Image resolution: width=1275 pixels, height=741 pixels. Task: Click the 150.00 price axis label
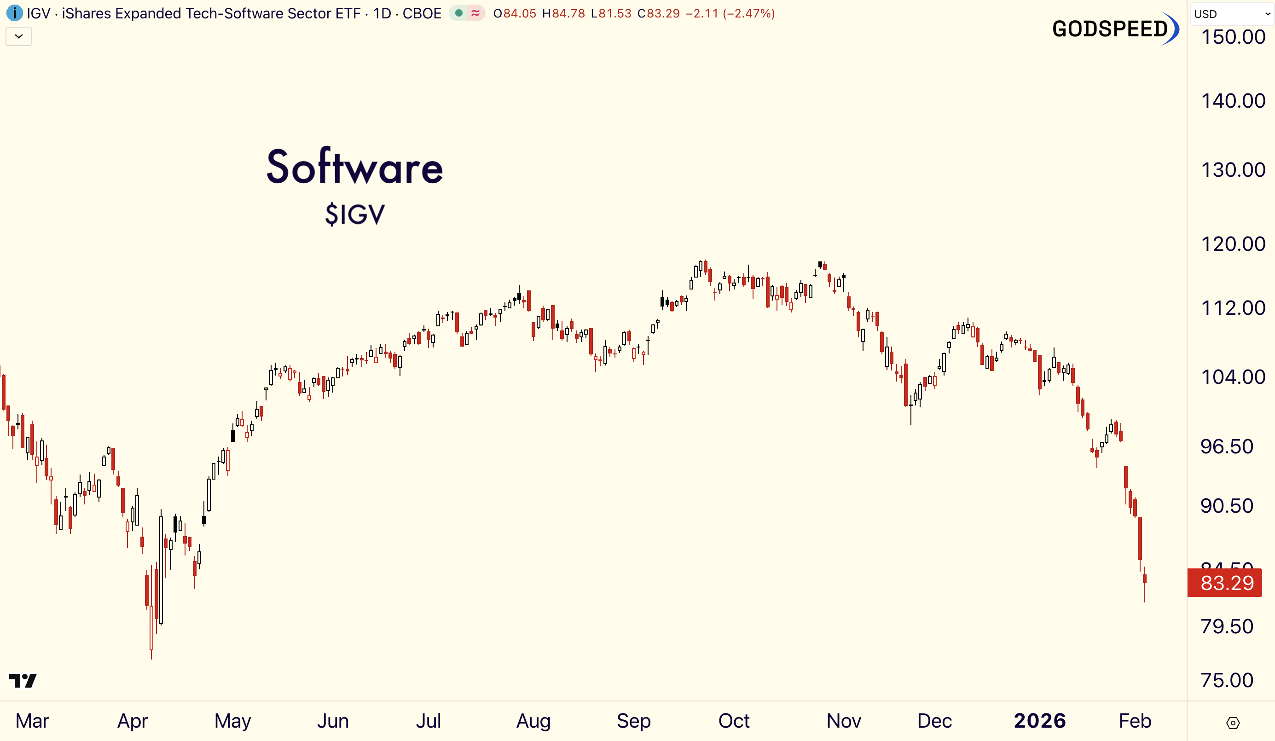coord(1233,37)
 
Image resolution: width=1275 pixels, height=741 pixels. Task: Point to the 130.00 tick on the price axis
coord(1233,170)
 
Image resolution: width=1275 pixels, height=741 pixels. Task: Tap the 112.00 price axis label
coord(1233,308)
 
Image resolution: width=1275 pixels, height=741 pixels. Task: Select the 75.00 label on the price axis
coord(1227,680)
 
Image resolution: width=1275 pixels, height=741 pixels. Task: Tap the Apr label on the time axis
coord(133,721)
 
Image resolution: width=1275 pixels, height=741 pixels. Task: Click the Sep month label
coord(633,721)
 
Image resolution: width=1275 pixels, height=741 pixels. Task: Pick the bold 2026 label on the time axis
coord(1040,721)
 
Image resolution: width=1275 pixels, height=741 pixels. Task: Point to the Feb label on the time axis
coord(1135,721)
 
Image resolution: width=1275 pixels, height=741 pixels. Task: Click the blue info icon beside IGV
coord(14,13)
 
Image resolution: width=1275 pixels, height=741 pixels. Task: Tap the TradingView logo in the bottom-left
coord(23,680)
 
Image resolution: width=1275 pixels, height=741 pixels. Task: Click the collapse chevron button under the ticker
coord(19,36)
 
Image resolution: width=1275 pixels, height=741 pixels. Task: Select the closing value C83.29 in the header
coord(658,14)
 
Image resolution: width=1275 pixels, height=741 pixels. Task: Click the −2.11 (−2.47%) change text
coord(730,14)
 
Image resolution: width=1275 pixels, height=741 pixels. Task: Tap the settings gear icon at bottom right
coord(1233,723)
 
